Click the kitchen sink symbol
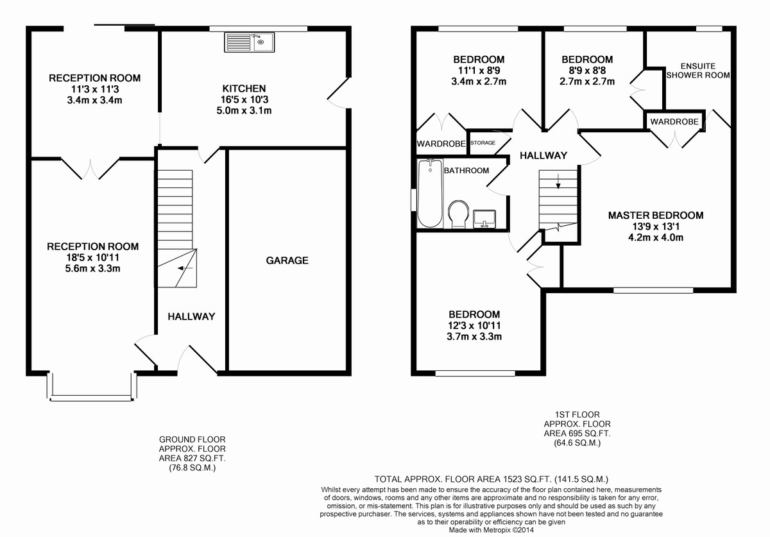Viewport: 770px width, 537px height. pyautogui.click(x=250, y=43)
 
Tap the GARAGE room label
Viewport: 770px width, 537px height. pyautogui.click(x=287, y=260)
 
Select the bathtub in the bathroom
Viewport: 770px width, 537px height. pyautogui.click(x=430, y=194)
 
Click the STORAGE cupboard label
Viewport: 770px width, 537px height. pyautogui.click(x=483, y=142)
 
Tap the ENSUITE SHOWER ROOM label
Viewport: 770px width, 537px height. pyautogui.click(x=698, y=71)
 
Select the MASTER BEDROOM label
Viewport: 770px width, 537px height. pyautogui.click(x=655, y=216)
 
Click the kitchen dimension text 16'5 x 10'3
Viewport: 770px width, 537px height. pyautogui.click(x=244, y=99)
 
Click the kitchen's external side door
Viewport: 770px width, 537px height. pyautogui.click(x=338, y=97)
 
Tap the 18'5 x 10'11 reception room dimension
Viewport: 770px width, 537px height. pyautogui.click(x=92, y=257)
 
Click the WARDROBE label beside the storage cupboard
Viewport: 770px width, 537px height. pyautogui.click(x=440, y=144)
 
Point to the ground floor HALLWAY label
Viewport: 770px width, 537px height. pyautogui.click(x=191, y=316)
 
